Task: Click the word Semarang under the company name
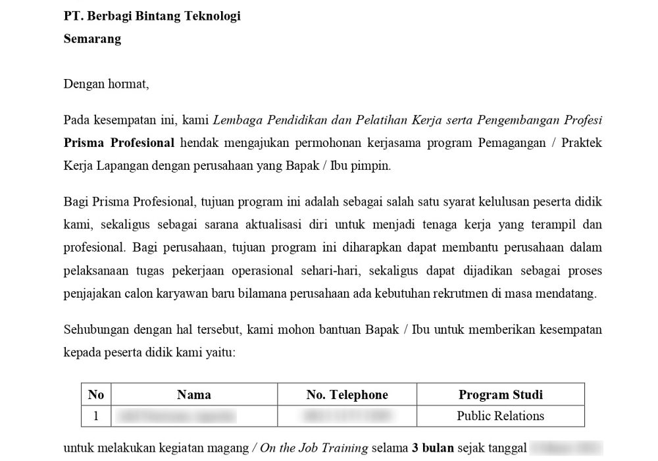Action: click(x=92, y=39)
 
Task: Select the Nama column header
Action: click(x=194, y=395)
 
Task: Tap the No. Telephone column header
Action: click(x=347, y=395)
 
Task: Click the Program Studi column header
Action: click(x=500, y=395)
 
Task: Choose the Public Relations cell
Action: click(x=500, y=416)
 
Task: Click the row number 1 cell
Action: click(x=96, y=416)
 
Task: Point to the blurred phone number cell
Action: click(x=347, y=416)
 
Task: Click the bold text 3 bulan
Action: click(x=433, y=448)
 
